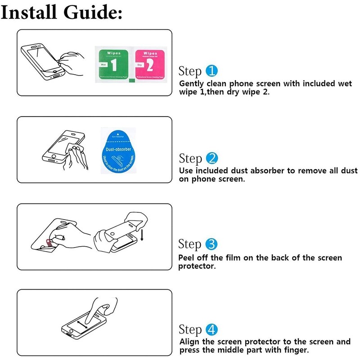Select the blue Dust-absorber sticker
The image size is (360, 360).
117,151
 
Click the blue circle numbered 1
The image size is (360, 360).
211,71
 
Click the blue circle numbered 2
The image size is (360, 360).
211,158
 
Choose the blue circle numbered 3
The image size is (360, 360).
211,244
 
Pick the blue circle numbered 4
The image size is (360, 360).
211,329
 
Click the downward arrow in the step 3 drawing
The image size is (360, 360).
142,234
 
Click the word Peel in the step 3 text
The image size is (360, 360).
188,258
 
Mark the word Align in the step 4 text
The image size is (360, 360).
190,342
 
